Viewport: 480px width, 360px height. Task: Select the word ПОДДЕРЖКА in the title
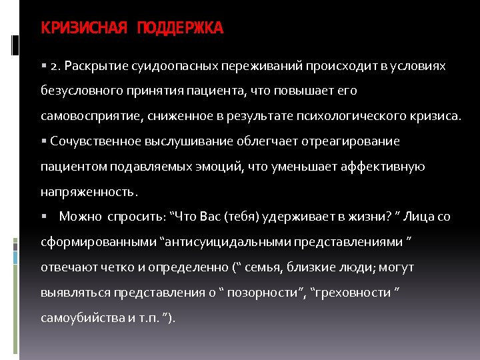pos(181,28)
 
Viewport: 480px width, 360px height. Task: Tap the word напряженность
pos(88,191)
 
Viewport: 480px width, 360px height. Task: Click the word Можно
pos(79,217)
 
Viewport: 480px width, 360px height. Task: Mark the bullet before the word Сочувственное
pos(43,141)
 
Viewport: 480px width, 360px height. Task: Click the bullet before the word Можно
pos(43,217)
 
